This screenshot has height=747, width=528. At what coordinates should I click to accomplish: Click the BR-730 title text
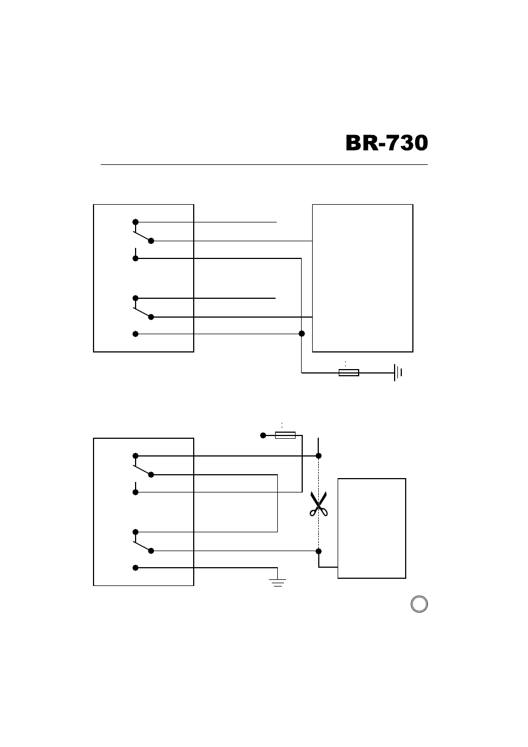click(x=386, y=143)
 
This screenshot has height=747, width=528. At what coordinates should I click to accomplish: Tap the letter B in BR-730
click(x=353, y=143)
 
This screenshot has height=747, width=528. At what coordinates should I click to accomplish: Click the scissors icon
click(x=319, y=504)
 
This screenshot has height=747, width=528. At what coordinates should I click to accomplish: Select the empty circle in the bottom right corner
click(x=420, y=604)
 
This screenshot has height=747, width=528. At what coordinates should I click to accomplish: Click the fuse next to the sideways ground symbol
click(x=349, y=372)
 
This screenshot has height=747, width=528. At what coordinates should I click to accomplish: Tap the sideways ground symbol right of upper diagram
click(x=398, y=372)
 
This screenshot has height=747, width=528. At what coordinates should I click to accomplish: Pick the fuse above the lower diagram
click(x=285, y=435)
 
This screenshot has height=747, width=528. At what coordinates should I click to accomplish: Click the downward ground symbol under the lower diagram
click(x=277, y=583)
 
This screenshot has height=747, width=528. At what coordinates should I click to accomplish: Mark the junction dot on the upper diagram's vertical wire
click(x=302, y=334)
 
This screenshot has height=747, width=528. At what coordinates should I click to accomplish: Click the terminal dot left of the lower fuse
click(x=263, y=435)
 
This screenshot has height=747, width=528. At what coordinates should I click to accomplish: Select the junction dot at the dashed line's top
click(x=319, y=455)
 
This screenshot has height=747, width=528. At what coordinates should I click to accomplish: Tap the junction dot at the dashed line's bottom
click(x=319, y=551)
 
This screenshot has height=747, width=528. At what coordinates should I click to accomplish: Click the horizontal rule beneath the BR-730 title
click(x=264, y=164)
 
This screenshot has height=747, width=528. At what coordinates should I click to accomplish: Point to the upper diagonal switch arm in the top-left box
click(x=142, y=236)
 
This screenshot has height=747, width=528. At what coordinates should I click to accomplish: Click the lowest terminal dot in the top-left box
click(x=136, y=334)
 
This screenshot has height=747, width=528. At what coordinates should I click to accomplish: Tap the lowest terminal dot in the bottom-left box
click(x=136, y=568)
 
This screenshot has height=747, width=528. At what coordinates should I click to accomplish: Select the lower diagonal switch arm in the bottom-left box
click(x=142, y=546)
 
